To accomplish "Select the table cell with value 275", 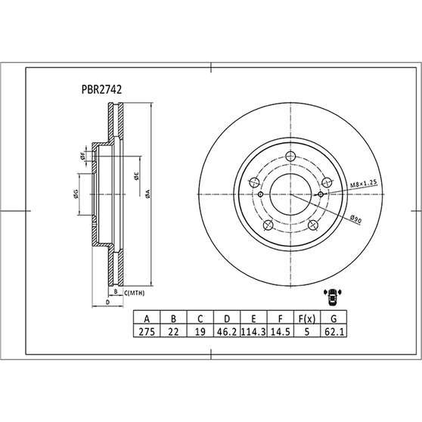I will [x=146, y=330].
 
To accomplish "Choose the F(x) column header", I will [x=306, y=318].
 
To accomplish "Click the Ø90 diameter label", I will [x=355, y=217].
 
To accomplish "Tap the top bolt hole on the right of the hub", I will [x=326, y=182].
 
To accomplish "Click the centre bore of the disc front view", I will [x=290, y=193].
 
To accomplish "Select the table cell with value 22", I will [x=172, y=330].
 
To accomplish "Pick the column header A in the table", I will [x=146, y=318].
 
